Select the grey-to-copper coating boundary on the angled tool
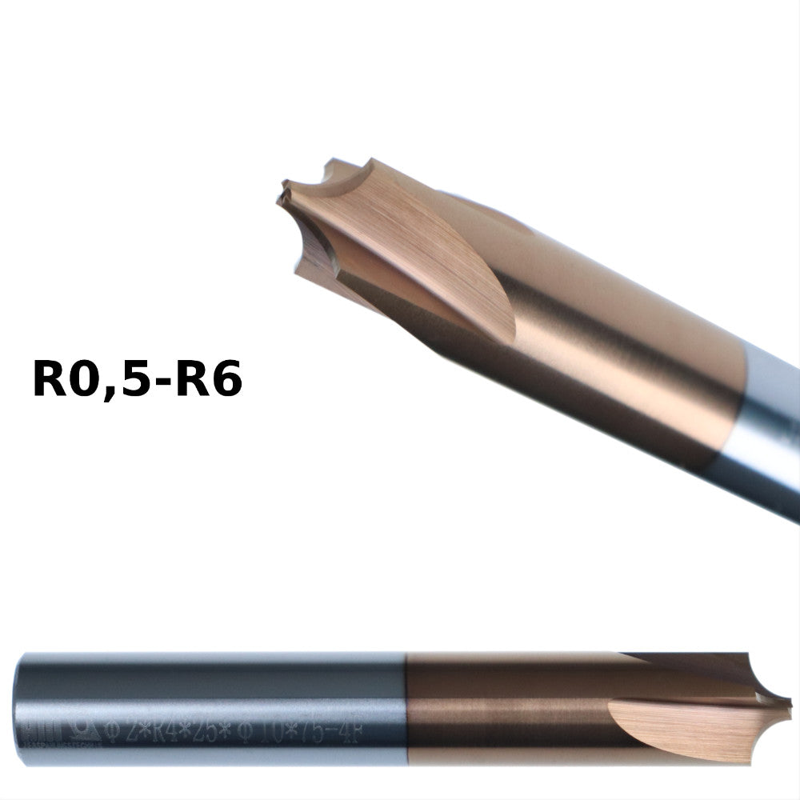pyautogui.click(x=740, y=400)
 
